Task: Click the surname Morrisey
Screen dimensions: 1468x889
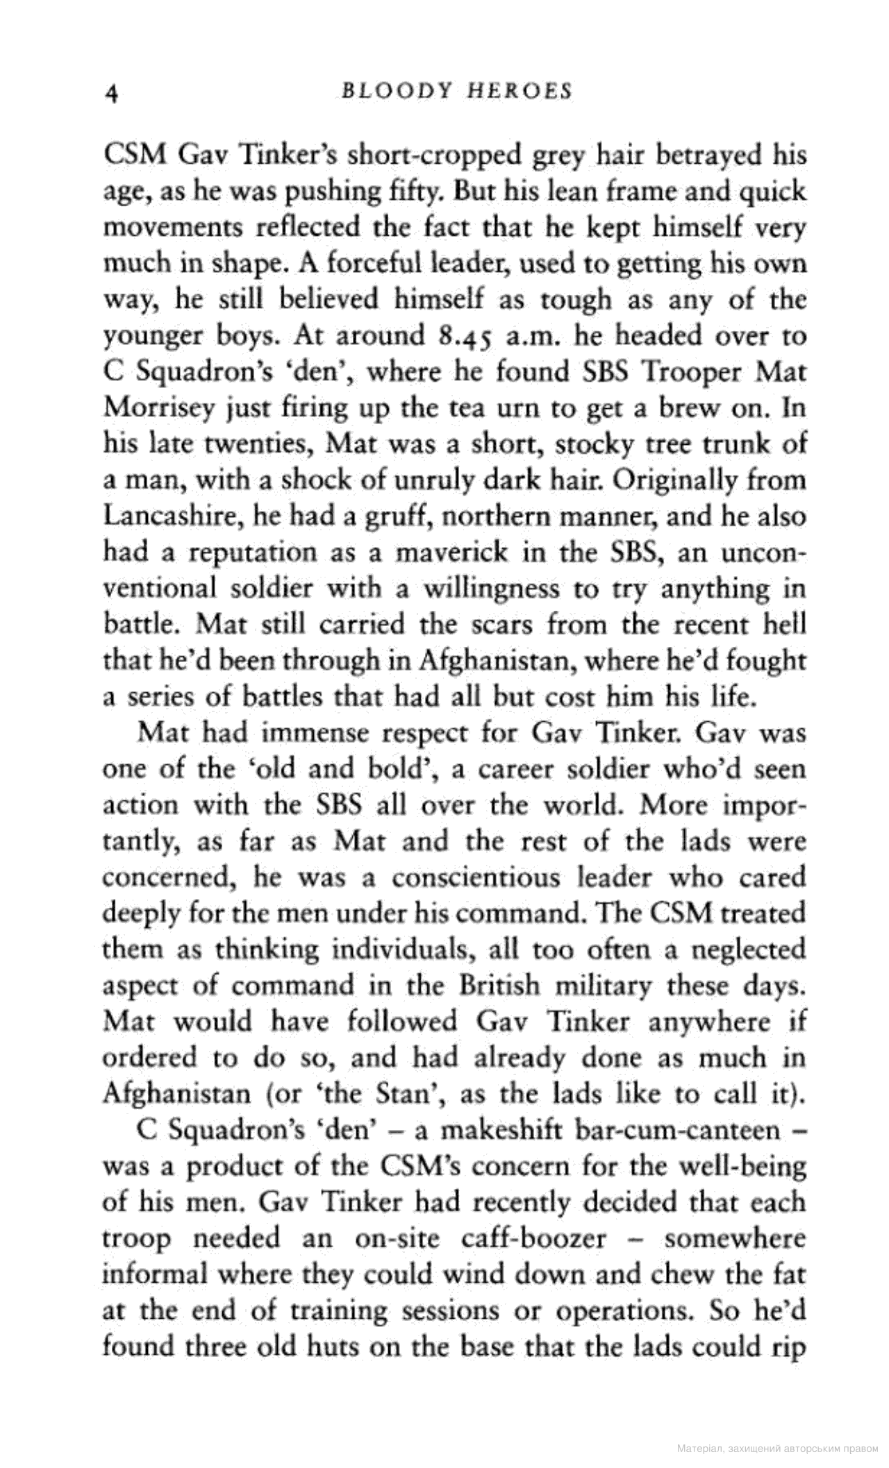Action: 148,409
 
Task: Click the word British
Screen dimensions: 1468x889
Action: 498,986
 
